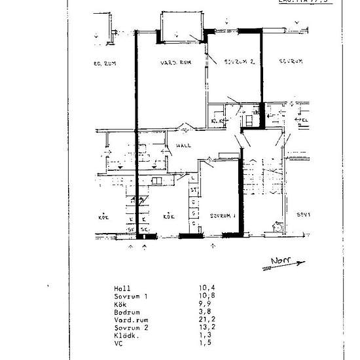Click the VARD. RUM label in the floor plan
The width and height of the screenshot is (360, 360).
coord(175,63)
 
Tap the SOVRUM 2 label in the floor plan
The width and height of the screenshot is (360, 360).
coord(230,61)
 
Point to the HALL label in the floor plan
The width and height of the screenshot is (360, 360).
coord(181,147)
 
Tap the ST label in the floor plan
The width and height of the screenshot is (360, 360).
coord(194,190)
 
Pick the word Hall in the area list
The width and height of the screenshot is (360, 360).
coord(121,288)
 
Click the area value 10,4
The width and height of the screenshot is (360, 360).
coord(207,288)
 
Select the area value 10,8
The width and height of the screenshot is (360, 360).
coord(207,296)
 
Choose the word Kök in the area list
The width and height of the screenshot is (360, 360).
coord(119,304)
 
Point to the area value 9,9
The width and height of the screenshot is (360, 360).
coord(206,304)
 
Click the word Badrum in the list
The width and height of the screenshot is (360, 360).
coord(125,312)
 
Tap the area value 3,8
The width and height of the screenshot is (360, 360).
coord(206,312)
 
